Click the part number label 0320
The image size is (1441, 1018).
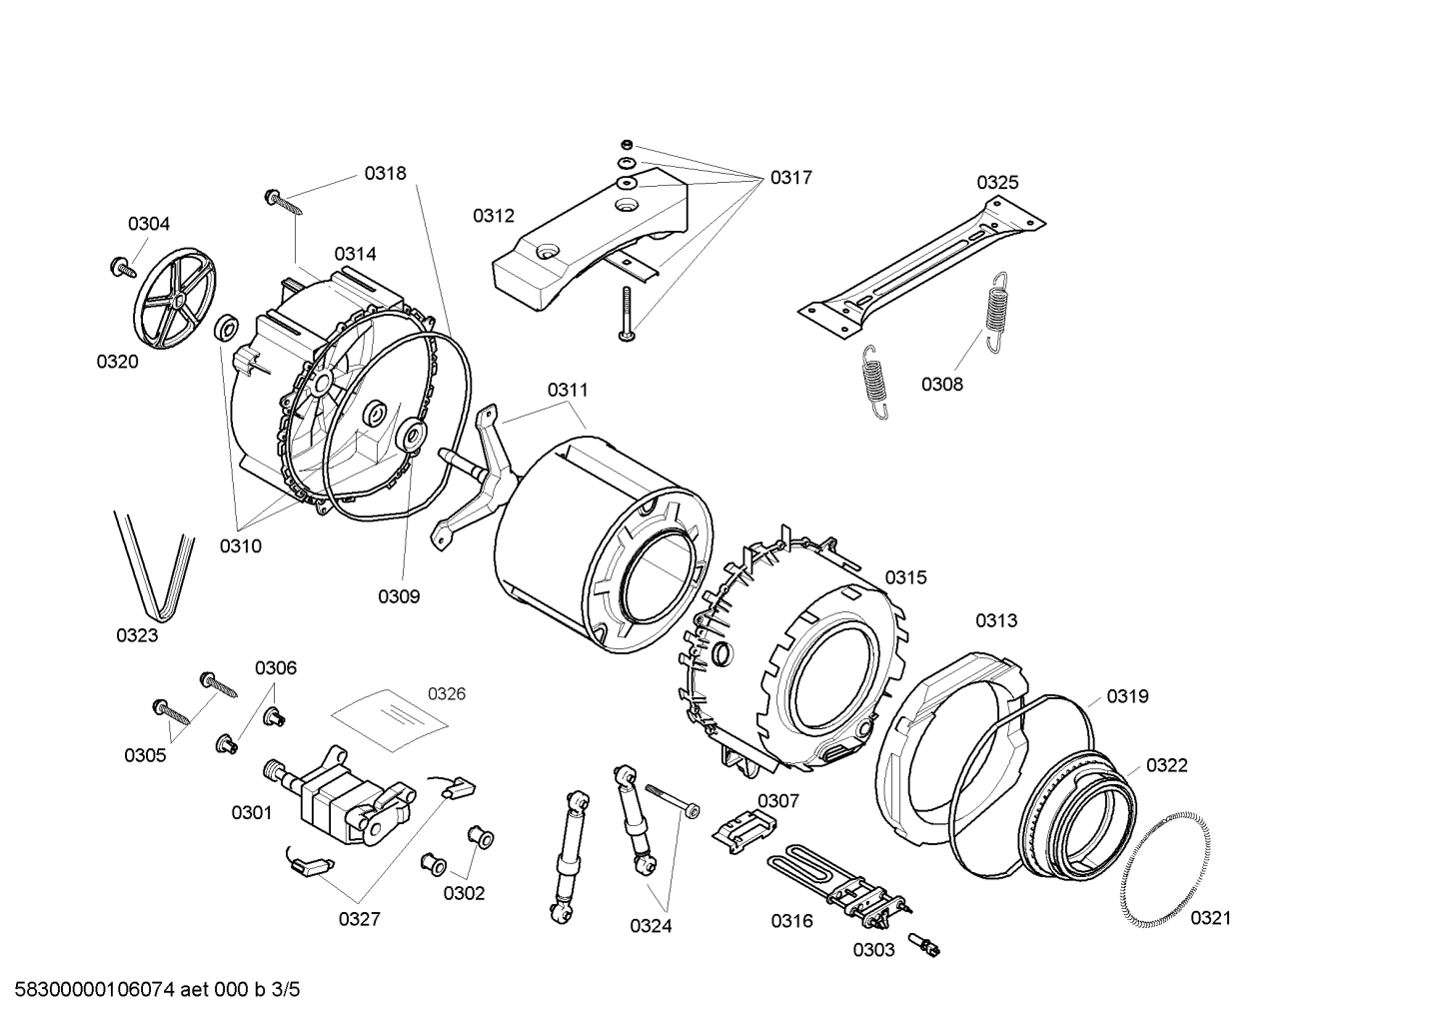[x=117, y=362]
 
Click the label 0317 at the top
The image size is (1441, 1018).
[x=790, y=178]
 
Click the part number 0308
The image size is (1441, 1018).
[x=941, y=384]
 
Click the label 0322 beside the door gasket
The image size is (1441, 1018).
[x=1166, y=765]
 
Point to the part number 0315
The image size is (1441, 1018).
[x=905, y=577]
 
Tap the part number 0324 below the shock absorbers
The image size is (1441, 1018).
[x=651, y=926]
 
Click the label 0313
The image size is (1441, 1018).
[x=996, y=620]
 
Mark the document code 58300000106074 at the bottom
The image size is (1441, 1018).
[x=90, y=990]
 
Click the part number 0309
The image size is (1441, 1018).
[x=398, y=596]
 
